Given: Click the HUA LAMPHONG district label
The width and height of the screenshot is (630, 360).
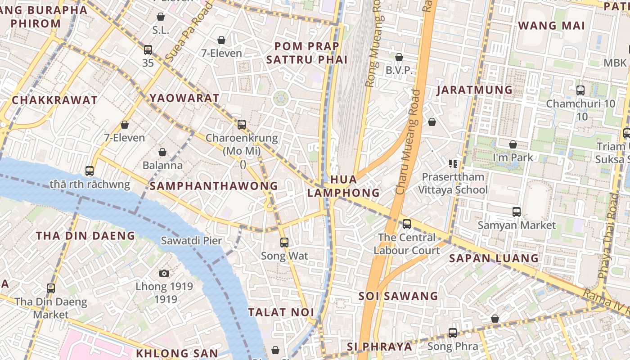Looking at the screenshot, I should coord(343,186).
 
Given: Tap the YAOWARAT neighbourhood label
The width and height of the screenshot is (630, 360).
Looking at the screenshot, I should coord(184,98).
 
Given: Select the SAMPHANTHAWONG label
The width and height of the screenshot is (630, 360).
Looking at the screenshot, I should coord(214,186).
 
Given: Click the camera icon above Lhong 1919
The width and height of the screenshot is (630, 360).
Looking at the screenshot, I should coord(164,273).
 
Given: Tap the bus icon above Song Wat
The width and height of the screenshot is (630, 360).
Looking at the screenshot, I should coord(284,243).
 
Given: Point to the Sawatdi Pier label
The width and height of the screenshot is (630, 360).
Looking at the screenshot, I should coord(192,241).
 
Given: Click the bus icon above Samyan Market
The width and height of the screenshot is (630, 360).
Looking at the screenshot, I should coord(517,211).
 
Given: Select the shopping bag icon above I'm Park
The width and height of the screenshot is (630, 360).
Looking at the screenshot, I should coord(513,144).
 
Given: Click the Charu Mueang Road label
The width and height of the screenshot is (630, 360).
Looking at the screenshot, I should coord(408,142).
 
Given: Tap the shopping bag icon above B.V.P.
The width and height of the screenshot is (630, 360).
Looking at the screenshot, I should coord(399,57).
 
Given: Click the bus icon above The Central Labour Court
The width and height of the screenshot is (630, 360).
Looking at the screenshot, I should coord(407,224).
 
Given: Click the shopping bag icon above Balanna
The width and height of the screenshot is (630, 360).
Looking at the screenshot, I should coord(162,152).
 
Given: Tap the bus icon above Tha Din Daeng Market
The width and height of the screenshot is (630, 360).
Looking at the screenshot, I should coord(51,288).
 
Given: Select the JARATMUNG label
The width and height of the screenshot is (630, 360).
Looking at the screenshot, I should coord(475,90).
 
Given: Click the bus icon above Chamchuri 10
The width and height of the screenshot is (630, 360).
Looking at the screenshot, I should coord(580,90).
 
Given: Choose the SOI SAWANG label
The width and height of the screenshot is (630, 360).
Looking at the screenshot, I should coord(398,296).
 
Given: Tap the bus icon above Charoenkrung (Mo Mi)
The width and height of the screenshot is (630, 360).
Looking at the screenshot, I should coord(242,124).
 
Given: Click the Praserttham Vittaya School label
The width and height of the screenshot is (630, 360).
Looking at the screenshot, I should coord(453,183).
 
